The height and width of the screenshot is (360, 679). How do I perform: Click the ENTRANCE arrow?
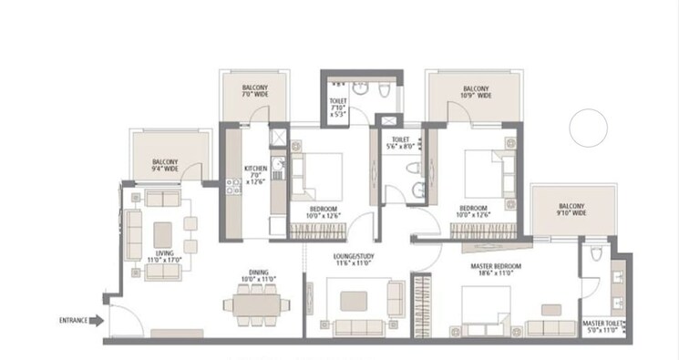pos(95,321)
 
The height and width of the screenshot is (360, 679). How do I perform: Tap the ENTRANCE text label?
pos(73,321)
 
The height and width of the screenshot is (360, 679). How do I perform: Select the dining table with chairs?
pos(256,303)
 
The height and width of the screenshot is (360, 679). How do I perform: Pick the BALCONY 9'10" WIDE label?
pos(572,210)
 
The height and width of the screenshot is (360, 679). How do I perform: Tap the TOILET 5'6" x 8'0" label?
pos(401,142)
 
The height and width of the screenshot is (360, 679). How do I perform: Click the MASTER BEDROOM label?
pos(496,270)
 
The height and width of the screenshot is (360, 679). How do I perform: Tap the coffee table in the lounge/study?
pos(355,301)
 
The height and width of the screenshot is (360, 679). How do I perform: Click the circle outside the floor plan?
pos(587,129)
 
